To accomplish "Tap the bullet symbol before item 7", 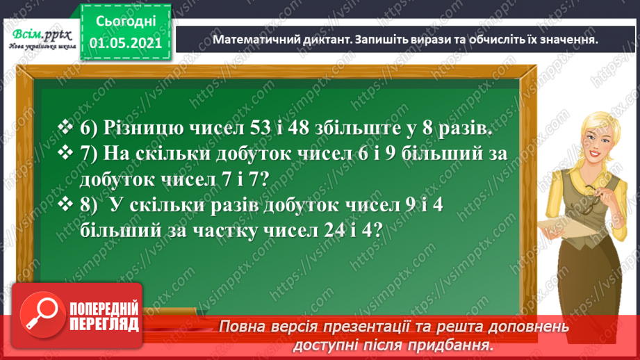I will point(67,154).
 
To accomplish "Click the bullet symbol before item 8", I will point(67,205).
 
